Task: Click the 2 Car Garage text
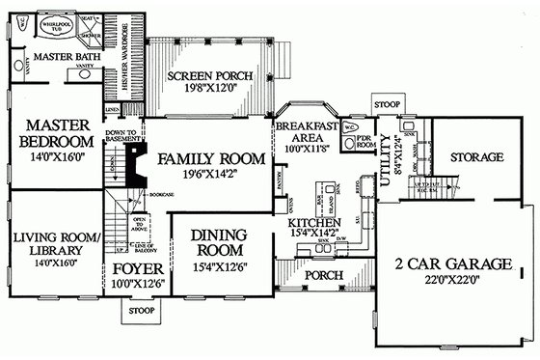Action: tap(450, 263)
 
